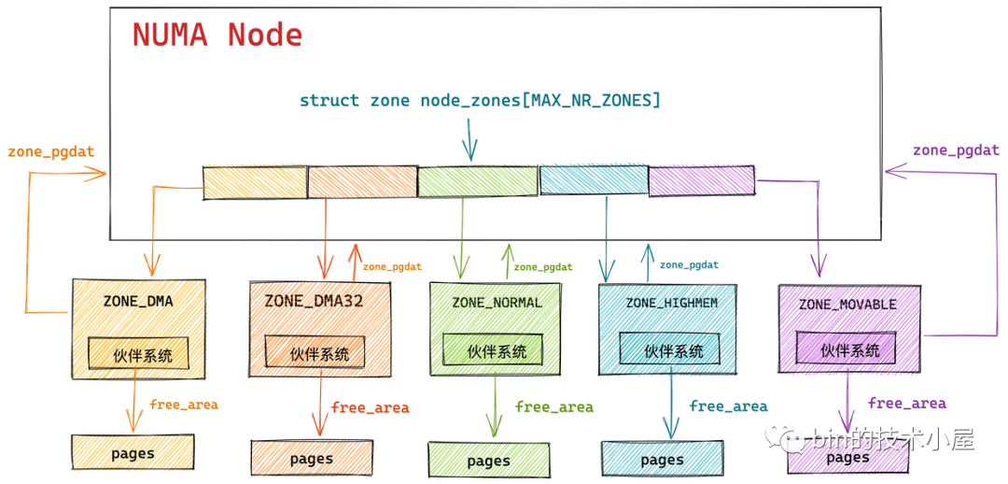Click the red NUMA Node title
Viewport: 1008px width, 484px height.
[x=217, y=36]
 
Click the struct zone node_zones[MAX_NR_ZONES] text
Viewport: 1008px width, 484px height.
[x=480, y=100]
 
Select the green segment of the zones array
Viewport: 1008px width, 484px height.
[x=477, y=181]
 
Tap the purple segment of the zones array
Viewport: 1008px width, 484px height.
[x=701, y=180]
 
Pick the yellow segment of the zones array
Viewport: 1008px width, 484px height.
[x=255, y=181]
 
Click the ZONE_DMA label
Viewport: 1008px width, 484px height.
[x=138, y=302]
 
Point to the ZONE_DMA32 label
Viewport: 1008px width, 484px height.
[x=314, y=301]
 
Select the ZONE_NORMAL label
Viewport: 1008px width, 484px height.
[x=497, y=302]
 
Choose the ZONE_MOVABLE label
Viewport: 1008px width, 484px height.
[x=847, y=305]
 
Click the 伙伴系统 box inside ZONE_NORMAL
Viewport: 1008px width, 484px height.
[x=497, y=351]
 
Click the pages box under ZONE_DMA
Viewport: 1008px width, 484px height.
[x=133, y=453]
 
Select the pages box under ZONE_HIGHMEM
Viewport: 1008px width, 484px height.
[x=662, y=460]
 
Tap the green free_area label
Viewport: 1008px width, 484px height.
[x=554, y=406]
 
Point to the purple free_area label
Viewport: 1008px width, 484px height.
[x=906, y=404]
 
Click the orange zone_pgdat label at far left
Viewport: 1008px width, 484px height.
[x=51, y=150]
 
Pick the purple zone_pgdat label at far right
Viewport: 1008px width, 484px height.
[x=956, y=149]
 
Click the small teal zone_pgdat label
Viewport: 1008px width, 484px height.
[x=689, y=264]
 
